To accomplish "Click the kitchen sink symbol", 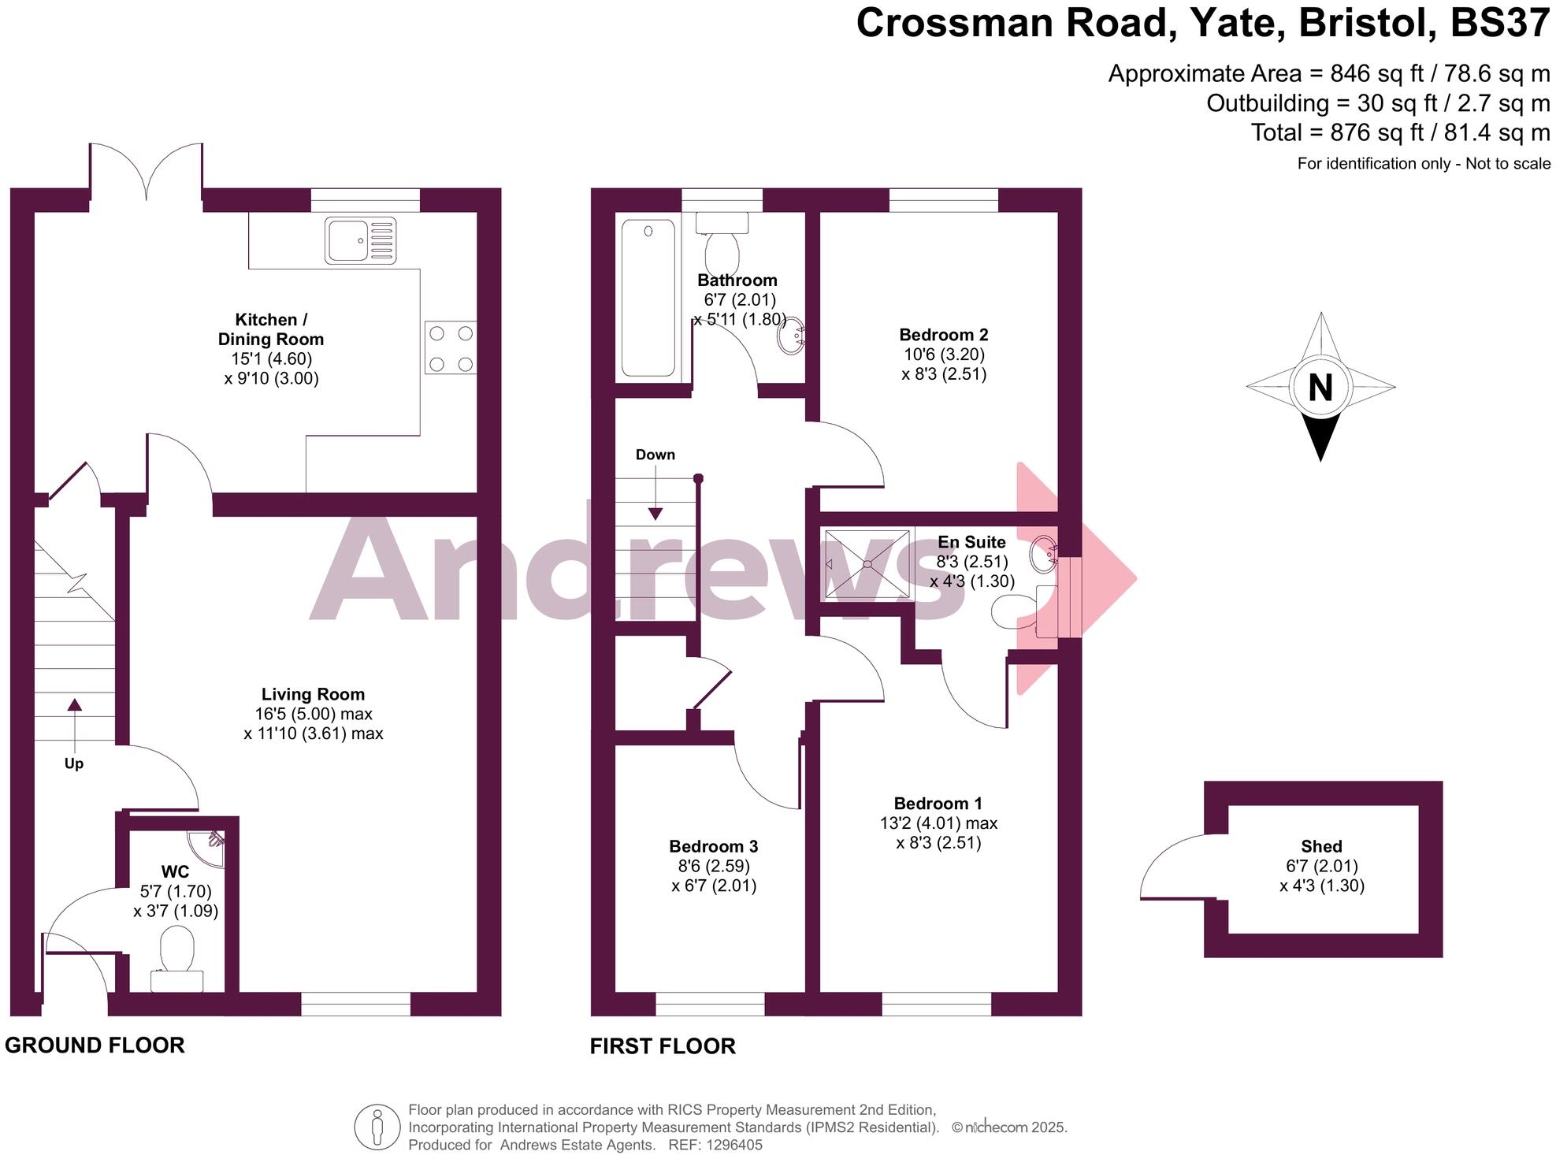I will tap(359, 240).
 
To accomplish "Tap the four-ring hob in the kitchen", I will tap(450, 347).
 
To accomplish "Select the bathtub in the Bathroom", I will tap(648, 298).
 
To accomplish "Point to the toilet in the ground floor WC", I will tap(177, 951).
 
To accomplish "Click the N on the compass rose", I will tap(1320, 388).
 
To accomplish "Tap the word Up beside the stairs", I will tap(73, 763).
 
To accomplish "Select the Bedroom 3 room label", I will tap(713, 846).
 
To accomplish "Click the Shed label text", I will tap(1321, 846).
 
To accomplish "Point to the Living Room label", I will tap(313, 694).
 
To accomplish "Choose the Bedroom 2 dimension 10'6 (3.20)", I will tap(944, 355).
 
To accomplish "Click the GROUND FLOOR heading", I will tap(95, 1045).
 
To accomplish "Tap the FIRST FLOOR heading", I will tap(663, 1045).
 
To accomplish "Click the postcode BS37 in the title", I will tap(1499, 22).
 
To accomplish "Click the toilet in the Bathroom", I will tap(722, 244).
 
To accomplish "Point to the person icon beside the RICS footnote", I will tap(377, 1127).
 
